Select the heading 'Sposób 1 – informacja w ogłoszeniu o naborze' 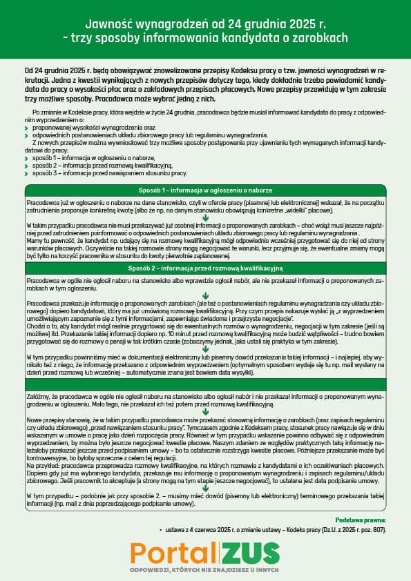[205, 190]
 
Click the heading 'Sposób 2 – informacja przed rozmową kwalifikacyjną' [205, 267]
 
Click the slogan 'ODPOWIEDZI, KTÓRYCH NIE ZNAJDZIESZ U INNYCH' [205, 570]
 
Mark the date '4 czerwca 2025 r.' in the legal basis [207, 529]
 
